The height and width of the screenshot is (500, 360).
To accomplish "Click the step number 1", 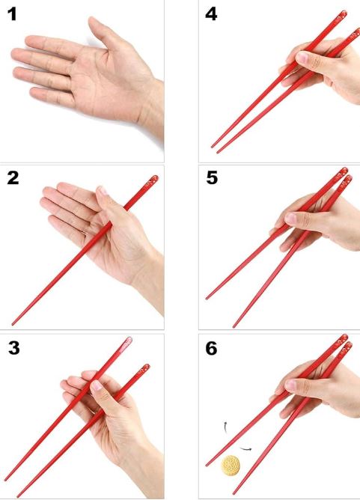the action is (12, 15).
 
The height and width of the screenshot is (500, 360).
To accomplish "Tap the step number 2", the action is (13, 178).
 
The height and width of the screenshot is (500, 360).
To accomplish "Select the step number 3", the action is (14, 348).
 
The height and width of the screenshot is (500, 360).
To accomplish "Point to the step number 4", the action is (211, 14).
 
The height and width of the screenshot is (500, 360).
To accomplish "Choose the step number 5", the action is (212, 178).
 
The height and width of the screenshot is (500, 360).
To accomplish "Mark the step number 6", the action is (211, 348).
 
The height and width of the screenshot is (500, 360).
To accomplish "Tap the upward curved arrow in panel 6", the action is (225, 427).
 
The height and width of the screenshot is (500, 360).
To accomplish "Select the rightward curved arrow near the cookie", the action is (245, 449).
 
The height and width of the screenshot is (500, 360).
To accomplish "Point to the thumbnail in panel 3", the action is (97, 385).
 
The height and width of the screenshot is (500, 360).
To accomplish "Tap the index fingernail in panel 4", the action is (302, 58).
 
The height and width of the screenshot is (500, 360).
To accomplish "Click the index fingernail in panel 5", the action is (290, 218).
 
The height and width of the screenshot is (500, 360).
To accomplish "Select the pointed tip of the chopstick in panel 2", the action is (13, 324).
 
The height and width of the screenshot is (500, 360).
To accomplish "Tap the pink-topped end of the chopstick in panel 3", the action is (126, 344).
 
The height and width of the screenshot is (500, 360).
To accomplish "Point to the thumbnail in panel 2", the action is (103, 191).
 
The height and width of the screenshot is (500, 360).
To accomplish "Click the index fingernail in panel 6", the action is (290, 384).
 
